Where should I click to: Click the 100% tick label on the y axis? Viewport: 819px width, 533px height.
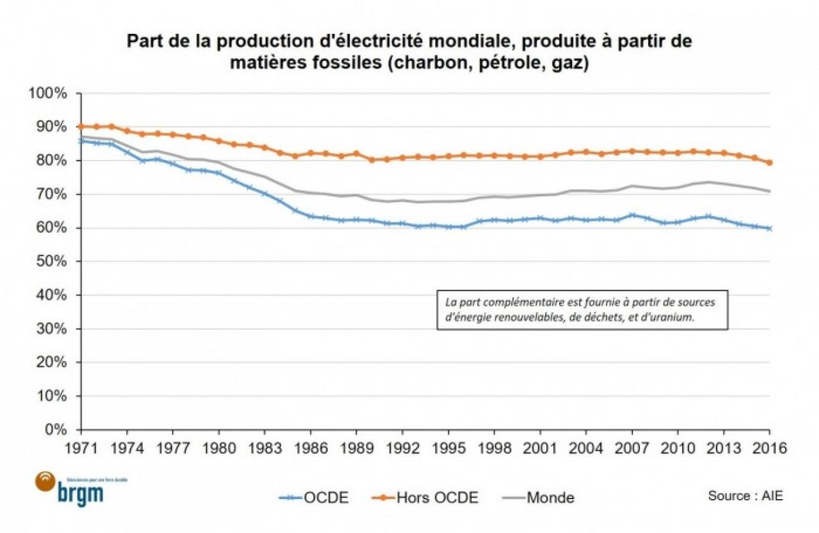[x=49, y=94]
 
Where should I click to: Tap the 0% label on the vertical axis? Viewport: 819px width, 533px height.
[x=57, y=430]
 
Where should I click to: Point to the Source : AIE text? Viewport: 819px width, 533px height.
[x=746, y=495]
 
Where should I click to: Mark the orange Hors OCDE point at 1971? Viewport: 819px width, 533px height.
[x=81, y=126]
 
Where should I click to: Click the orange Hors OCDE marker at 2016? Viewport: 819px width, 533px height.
[x=770, y=163]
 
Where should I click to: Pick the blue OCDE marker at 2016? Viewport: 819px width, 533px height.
[x=770, y=229]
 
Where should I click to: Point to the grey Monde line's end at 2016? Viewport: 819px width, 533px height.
[x=770, y=191]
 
